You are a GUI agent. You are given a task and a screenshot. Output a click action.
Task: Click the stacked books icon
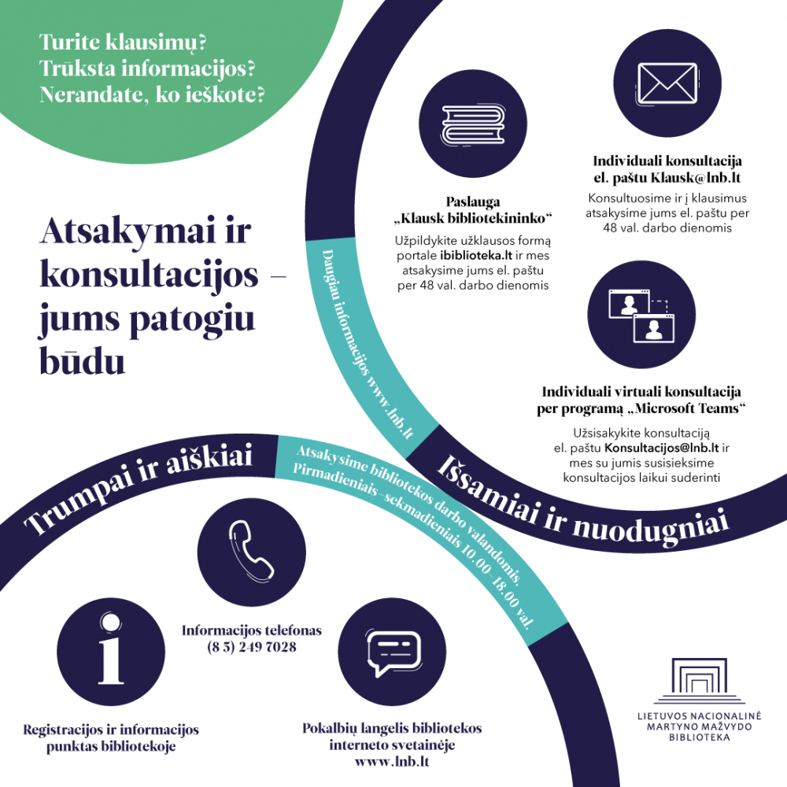[473, 124]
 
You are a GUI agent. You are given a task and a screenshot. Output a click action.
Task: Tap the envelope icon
[667, 83]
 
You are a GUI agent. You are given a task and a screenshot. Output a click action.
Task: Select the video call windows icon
[641, 316]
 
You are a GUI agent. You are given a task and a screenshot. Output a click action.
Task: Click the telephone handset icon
[251, 551]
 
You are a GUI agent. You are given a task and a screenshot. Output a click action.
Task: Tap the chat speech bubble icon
[393, 652]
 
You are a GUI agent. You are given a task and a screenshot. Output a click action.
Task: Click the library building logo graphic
[699, 681]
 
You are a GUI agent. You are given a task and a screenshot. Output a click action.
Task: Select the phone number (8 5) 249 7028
[252, 647]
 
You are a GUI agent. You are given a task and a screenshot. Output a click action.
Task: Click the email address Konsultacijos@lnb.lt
[661, 447]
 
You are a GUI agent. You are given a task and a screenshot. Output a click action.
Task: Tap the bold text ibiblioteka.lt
[476, 256]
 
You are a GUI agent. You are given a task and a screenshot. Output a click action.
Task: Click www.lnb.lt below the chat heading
[392, 761]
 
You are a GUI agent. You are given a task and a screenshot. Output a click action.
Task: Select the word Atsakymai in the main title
[127, 232]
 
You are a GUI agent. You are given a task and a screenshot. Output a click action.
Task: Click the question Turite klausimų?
[123, 42]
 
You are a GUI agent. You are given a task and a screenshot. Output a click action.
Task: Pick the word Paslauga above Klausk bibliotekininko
[473, 201]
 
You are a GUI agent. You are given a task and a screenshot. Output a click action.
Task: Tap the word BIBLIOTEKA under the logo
[699, 737]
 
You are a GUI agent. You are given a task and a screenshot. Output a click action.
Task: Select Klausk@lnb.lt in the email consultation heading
[696, 178]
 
